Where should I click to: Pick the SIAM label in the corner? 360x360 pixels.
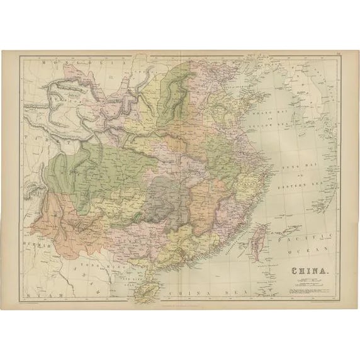(39, 294)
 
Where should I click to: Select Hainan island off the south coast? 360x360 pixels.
(150, 288)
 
